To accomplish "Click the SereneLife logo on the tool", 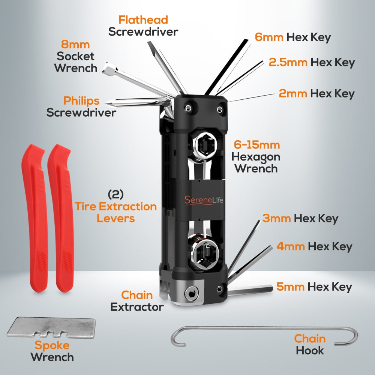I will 204,199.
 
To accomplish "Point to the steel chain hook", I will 262,329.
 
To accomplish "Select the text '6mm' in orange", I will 269,37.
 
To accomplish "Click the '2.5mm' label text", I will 288,62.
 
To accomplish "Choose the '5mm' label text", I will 291,287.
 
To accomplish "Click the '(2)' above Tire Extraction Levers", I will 115,194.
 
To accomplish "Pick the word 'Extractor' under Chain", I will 137,307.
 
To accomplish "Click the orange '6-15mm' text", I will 257,145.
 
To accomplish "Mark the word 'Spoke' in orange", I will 52,345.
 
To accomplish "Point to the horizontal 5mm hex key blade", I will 251,290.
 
